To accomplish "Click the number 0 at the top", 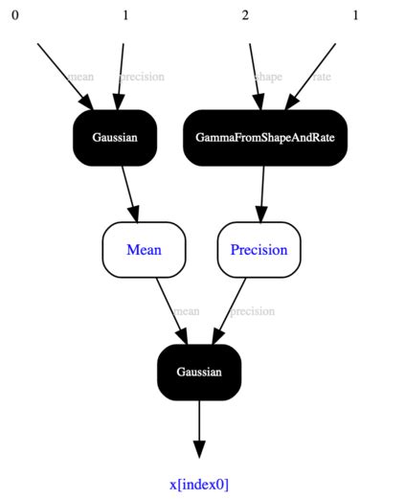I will click(x=14, y=15).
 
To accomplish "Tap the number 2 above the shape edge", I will click(x=245, y=15).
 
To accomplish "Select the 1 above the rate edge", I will click(x=355, y=15).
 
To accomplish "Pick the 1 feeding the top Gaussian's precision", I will click(x=124, y=15).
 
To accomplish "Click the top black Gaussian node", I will click(x=115, y=138).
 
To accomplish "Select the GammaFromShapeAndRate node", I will click(x=265, y=138).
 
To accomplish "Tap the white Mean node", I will click(x=144, y=250).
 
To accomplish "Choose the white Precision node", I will click(x=259, y=250).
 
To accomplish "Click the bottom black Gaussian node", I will click(x=198, y=372).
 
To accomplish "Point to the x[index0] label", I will click(x=199, y=484).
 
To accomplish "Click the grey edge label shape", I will click(x=268, y=77).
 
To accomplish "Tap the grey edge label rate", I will click(x=321, y=77).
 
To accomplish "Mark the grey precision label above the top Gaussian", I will click(x=142, y=77).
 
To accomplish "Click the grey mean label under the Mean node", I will click(x=186, y=311).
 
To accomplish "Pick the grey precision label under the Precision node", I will click(x=252, y=311).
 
